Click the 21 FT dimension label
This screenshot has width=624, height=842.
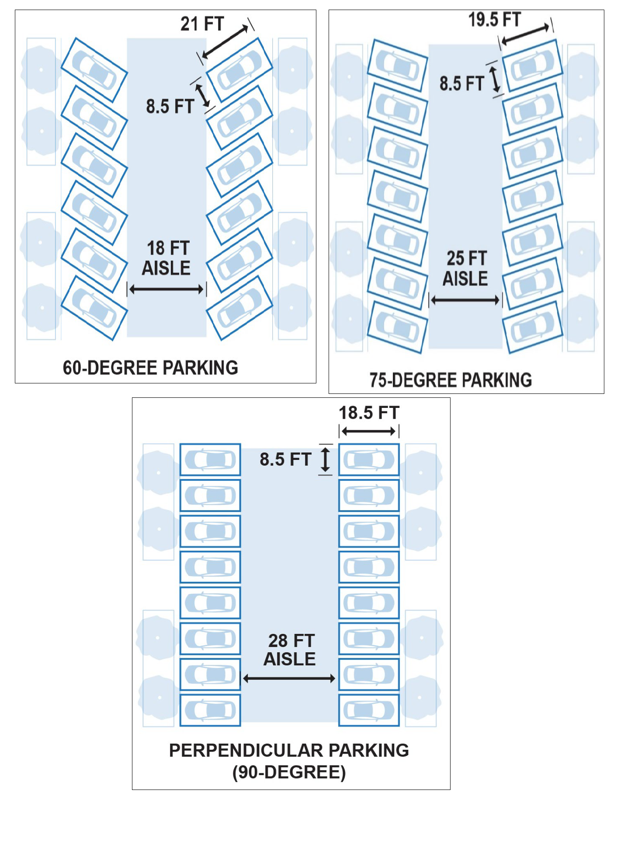202,24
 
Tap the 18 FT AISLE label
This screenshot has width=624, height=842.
167,258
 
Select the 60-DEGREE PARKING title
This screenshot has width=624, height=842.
150,368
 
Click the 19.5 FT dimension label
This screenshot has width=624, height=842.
495,20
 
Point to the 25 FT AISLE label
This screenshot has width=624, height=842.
466,268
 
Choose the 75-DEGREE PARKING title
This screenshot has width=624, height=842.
451,380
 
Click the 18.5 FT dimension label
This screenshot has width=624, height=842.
369,413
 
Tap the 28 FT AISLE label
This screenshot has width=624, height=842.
290,650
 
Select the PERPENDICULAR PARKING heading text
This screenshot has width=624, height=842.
289,750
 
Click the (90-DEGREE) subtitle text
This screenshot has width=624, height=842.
289,772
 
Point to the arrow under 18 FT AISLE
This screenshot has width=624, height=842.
166,289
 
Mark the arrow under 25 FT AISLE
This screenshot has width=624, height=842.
465,300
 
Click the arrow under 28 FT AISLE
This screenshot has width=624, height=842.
289,678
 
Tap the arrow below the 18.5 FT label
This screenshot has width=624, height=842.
369,431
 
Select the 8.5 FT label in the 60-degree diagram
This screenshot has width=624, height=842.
170,106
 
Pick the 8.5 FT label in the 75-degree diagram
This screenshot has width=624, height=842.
462,84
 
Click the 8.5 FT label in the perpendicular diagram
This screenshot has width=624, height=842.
285,459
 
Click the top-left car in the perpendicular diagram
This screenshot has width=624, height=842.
210,460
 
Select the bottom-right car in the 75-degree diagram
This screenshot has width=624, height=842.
533,327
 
